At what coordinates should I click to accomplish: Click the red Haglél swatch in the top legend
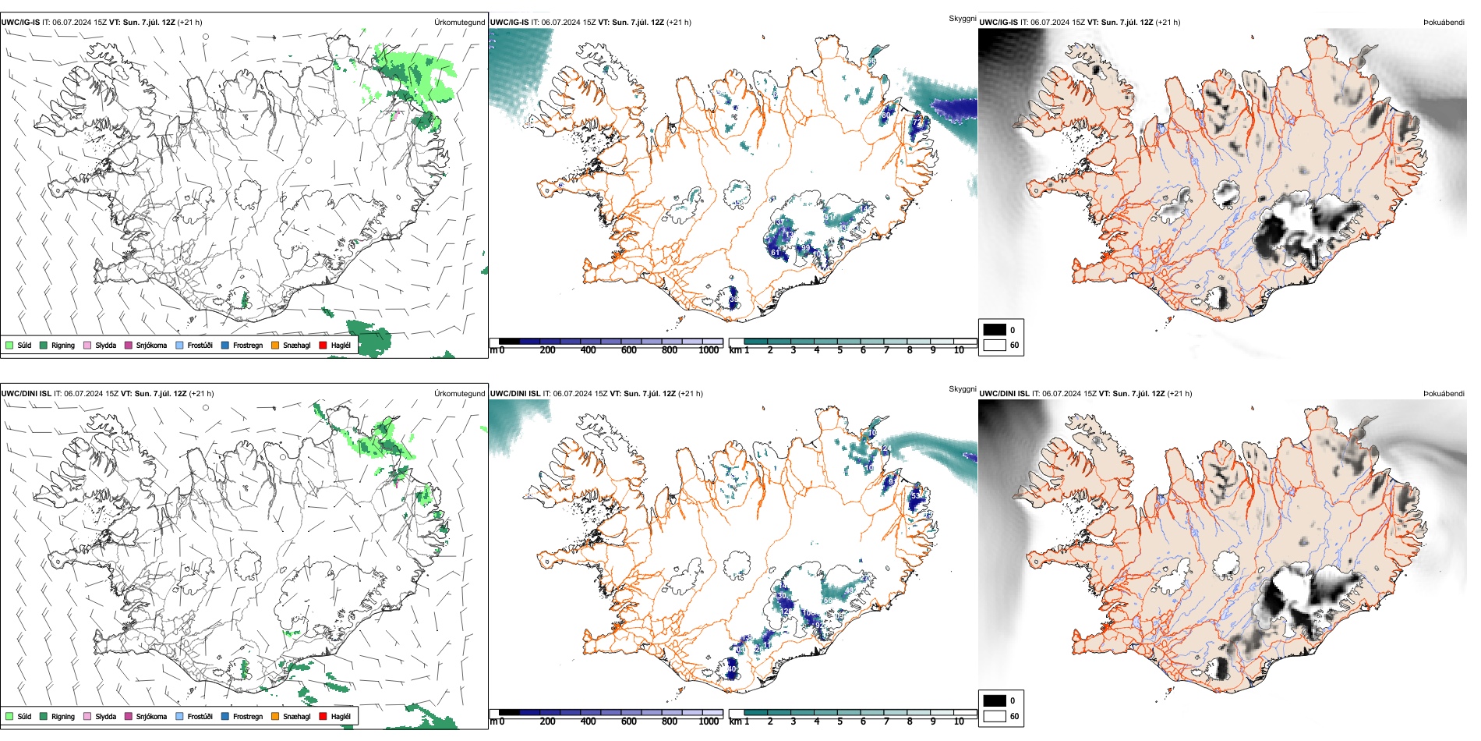pos(323,346)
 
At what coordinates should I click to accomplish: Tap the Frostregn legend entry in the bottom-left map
pos(247,717)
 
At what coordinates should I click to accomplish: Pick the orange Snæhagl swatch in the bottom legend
pos(275,717)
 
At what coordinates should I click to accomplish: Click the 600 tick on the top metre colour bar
pos(629,350)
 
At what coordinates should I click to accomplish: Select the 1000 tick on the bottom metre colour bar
pos(709,721)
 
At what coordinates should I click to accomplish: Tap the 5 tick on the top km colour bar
pos(840,350)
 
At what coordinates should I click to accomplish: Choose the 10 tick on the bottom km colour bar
pos(959,721)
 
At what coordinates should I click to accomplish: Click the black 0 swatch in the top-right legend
pos(995,330)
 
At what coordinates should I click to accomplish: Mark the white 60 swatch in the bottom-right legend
pos(995,716)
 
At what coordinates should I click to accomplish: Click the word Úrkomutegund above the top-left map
pos(459,23)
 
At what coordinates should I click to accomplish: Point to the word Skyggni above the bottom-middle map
pos(962,389)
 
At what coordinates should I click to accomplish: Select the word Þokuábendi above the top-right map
pos(1444,23)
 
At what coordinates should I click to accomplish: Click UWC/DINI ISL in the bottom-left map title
pos(26,394)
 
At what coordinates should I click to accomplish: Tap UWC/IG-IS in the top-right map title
pos(999,23)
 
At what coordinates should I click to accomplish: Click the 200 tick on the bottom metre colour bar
pos(548,721)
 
